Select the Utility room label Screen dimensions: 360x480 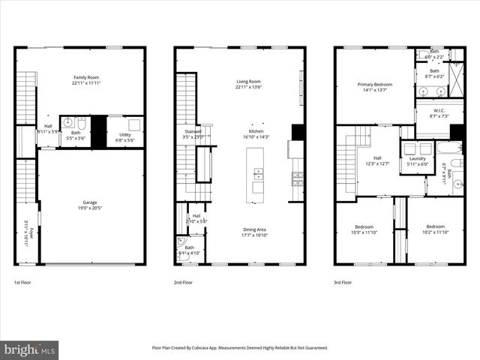124,136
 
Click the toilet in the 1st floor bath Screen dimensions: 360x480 67,122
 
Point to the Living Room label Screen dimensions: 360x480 247,85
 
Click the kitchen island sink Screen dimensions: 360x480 258,175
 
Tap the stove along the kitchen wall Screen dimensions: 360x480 298,179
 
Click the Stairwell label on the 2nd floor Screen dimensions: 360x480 193,133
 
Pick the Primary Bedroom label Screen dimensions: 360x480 373,88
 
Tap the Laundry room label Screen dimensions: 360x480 417,160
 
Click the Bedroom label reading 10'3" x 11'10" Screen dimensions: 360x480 363,229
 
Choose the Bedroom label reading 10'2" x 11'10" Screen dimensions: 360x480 436,229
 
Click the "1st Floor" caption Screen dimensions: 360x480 23,283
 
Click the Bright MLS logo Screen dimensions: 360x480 30,349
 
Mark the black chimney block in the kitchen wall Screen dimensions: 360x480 298,133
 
